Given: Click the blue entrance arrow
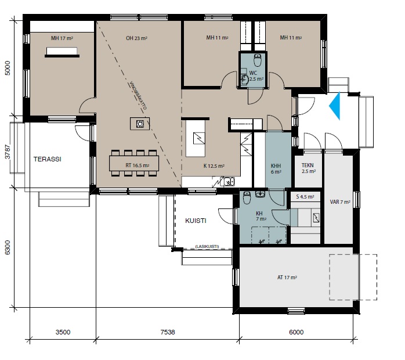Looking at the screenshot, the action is [336, 106].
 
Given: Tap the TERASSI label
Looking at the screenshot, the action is [47, 159].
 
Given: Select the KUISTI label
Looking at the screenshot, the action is [196, 221].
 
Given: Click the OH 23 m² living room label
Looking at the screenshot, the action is [136, 38].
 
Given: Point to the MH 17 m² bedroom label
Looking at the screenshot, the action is [62, 38].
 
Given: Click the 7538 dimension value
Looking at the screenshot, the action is [168, 332].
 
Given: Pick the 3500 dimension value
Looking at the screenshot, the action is [63, 332].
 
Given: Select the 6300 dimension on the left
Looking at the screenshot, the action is [8, 247].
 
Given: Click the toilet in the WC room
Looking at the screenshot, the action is [258, 60].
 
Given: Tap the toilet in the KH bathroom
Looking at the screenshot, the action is [247, 197].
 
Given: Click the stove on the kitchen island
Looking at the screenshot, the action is [140, 124].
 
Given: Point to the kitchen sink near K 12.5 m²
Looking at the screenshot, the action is [229, 181].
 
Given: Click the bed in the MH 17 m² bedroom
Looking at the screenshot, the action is [62, 52].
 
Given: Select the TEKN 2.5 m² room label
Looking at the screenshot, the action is [308, 168].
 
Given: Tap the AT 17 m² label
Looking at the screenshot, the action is [287, 278].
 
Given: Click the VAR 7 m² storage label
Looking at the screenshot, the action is [340, 202].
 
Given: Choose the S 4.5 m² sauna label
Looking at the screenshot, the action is [305, 197].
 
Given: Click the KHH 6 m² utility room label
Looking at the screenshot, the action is [276, 168].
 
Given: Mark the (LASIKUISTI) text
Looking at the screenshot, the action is [207, 246].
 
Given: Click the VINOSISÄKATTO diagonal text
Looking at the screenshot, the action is [138, 96].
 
